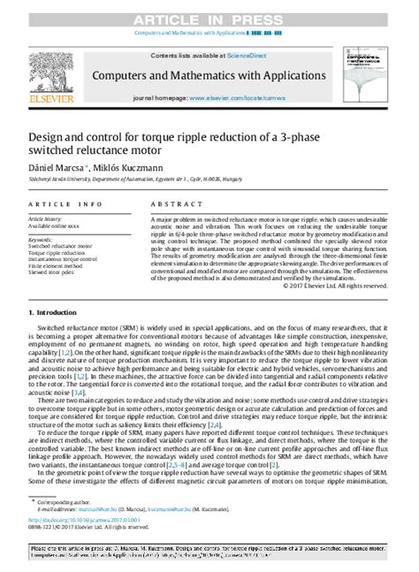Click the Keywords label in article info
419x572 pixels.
tap(41, 239)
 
